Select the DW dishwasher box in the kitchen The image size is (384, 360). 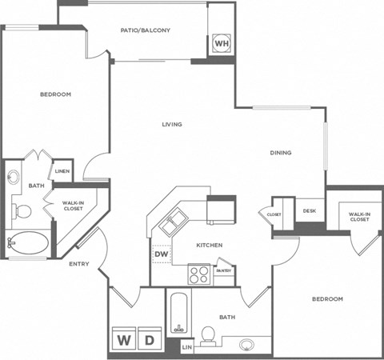coord(162,254)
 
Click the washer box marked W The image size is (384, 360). coord(125,340)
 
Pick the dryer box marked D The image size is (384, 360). coord(149,340)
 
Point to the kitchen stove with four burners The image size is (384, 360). coord(199,275)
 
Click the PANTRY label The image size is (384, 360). coord(224,270)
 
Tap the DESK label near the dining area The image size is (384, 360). coord(310,211)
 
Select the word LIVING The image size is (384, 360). coord(172,124)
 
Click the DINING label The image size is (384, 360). coord(280,153)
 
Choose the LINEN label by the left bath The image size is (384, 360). coord(61,171)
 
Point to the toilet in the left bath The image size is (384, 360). coord(22,211)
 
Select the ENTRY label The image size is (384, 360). coord(78,264)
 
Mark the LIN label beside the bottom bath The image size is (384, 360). coord(186,347)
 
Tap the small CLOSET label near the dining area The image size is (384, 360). coord(274,214)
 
